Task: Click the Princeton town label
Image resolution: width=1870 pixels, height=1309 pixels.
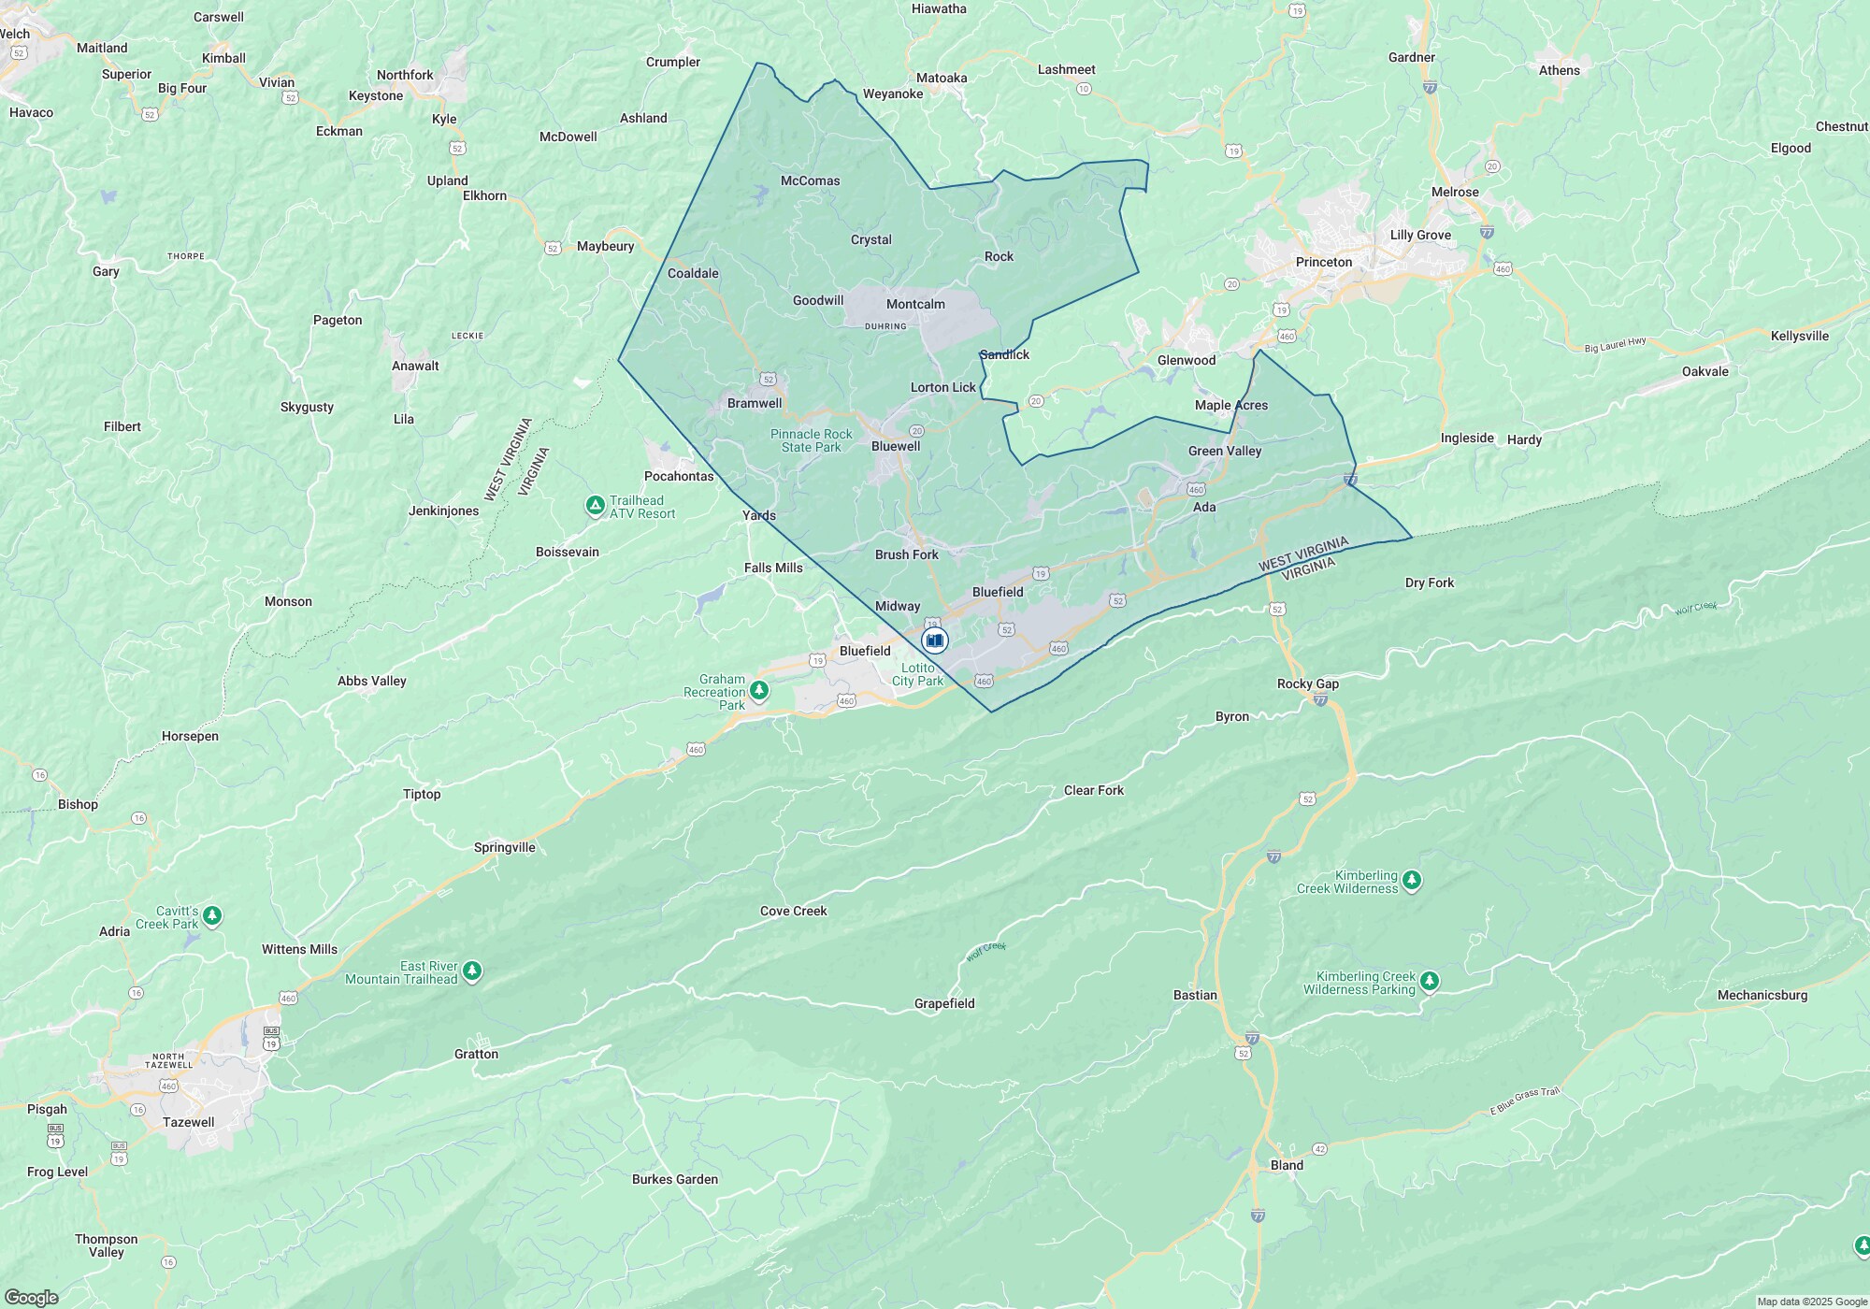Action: (1323, 262)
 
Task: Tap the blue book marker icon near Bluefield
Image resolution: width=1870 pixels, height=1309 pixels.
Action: (934, 640)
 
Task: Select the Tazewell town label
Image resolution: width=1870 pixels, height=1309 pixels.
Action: (188, 1122)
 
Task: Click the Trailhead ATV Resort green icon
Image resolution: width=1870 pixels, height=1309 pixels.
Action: (595, 506)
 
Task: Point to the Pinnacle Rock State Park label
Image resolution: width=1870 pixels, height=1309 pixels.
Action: (811, 440)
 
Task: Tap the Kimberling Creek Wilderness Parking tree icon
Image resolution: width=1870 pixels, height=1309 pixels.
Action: (1429, 981)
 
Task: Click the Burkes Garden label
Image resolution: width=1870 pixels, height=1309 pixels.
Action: (674, 1179)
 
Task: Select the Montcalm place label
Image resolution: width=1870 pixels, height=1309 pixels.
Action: (915, 304)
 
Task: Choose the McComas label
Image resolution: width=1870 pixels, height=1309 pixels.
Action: (810, 180)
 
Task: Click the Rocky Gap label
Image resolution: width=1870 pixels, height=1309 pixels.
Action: (1307, 683)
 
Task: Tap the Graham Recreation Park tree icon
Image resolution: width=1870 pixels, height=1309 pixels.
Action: (760, 691)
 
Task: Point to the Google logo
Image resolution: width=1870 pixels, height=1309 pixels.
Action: (31, 1298)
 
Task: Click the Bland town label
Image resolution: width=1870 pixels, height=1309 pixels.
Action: (1287, 1165)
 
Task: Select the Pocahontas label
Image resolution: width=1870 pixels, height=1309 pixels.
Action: (678, 476)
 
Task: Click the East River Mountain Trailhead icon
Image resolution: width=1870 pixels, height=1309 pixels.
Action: (472, 971)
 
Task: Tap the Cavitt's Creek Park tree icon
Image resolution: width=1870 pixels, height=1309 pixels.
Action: (212, 915)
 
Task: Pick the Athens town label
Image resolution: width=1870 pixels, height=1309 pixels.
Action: (1559, 70)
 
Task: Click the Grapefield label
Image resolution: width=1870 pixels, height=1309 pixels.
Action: (944, 1003)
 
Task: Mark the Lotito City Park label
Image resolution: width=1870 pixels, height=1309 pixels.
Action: (917, 674)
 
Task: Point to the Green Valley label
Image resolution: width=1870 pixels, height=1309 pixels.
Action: (1225, 451)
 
